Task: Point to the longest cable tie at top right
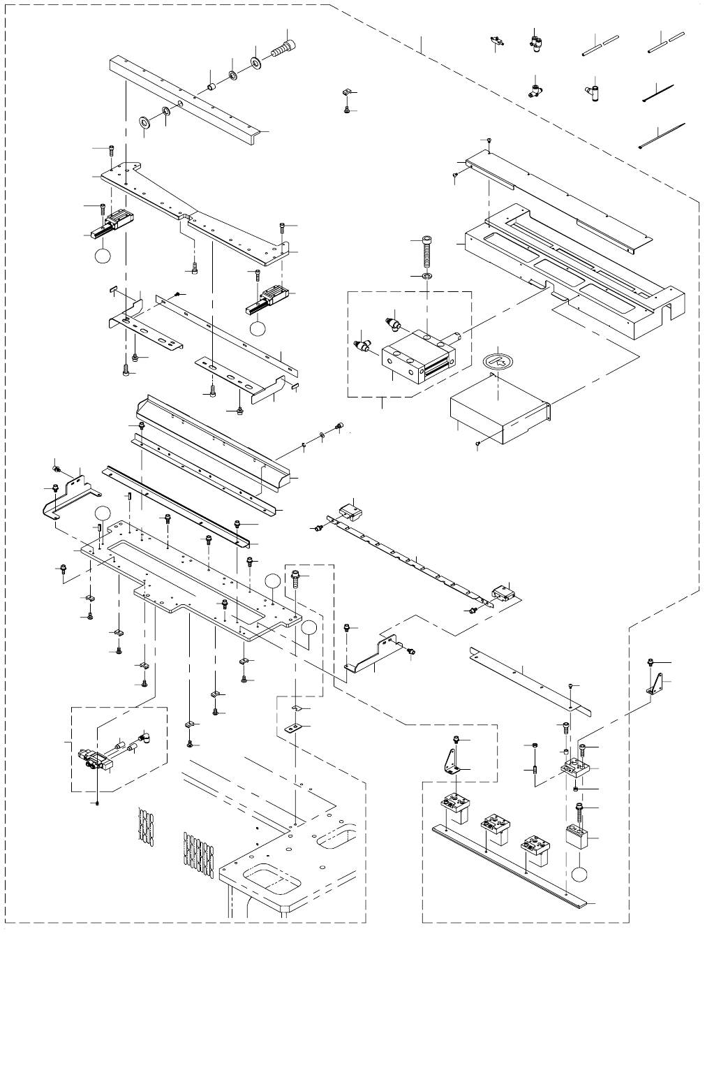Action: (x=662, y=136)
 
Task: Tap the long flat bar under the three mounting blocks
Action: (x=510, y=863)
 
